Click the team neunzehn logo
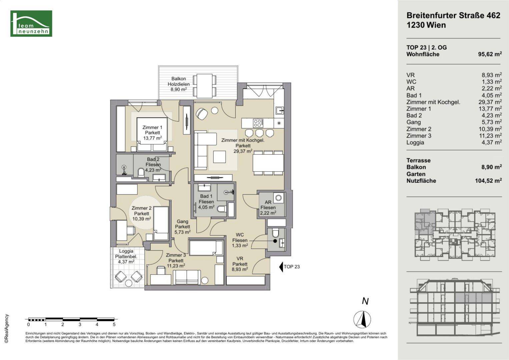point(31,23)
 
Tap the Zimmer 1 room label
point(152,133)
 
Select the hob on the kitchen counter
point(258,123)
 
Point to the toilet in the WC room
point(275,233)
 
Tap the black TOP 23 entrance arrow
point(281,267)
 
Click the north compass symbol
point(362,319)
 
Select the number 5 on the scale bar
point(114,325)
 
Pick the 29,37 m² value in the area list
point(490,102)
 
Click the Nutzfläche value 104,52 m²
point(488,181)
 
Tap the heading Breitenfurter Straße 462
point(453,15)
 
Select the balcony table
point(205,86)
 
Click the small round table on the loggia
point(129,283)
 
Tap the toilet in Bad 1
point(222,209)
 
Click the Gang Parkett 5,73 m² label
point(182,227)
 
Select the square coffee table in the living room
point(220,157)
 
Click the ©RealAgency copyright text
point(7,328)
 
